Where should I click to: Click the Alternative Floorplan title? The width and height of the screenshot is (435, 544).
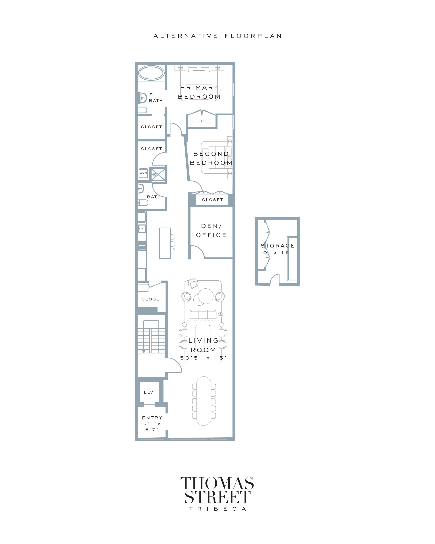[x=217, y=36]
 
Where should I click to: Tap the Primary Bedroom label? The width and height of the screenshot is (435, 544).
[x=199, y=92]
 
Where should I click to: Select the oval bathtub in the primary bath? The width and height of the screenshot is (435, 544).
[x=151, y=73]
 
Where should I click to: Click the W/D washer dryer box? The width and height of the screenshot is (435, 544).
[x=143, y=173]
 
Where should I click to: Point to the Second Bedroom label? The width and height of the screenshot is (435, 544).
[x=211, y=158]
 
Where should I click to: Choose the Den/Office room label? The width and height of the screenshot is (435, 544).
[x=211, y=230]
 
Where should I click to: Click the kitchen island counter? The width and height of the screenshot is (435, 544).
[x=165, y=243]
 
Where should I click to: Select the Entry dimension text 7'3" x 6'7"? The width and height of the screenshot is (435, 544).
[x=152, y=427]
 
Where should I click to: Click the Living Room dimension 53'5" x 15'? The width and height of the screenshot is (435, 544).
[x=203, y=358]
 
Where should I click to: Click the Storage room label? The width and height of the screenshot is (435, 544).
[x=278, y=246]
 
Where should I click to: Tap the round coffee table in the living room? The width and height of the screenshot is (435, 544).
[x=206, y=296]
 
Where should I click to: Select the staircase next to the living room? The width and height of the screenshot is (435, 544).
[x=151, y=337]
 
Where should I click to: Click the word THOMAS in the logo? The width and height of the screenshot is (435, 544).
[x=217, y=483]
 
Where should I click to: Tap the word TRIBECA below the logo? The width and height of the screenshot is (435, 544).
[x=217, y=509]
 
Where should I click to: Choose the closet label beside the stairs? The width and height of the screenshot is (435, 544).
[x=152, y=299]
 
